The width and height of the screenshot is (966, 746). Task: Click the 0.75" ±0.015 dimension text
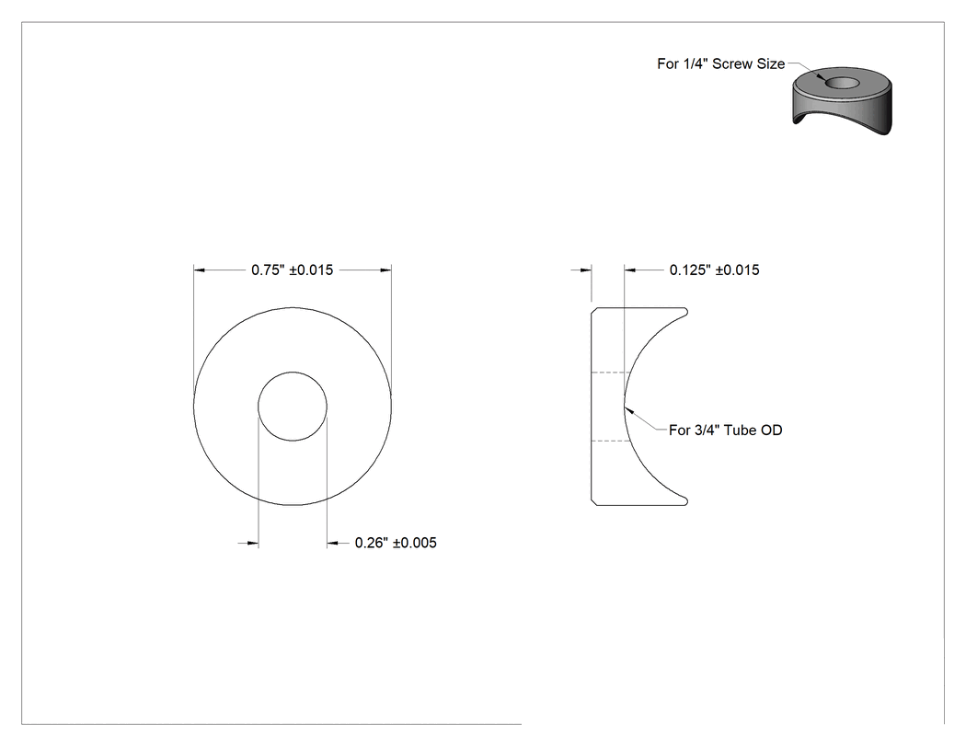[292, 270]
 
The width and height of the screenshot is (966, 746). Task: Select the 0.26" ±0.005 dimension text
[396, 543]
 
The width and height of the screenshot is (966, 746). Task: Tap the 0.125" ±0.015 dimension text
[715, 270]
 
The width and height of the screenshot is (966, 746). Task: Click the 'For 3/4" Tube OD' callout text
[726, 430]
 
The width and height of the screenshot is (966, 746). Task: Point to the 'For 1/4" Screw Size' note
[720, 63]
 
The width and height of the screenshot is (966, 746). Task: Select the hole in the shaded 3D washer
[842, 83]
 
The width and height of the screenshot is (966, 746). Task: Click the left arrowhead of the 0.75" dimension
[199, 270]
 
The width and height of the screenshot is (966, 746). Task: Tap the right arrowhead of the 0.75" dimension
[385, 270]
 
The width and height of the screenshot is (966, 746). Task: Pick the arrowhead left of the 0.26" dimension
[253, 543]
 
